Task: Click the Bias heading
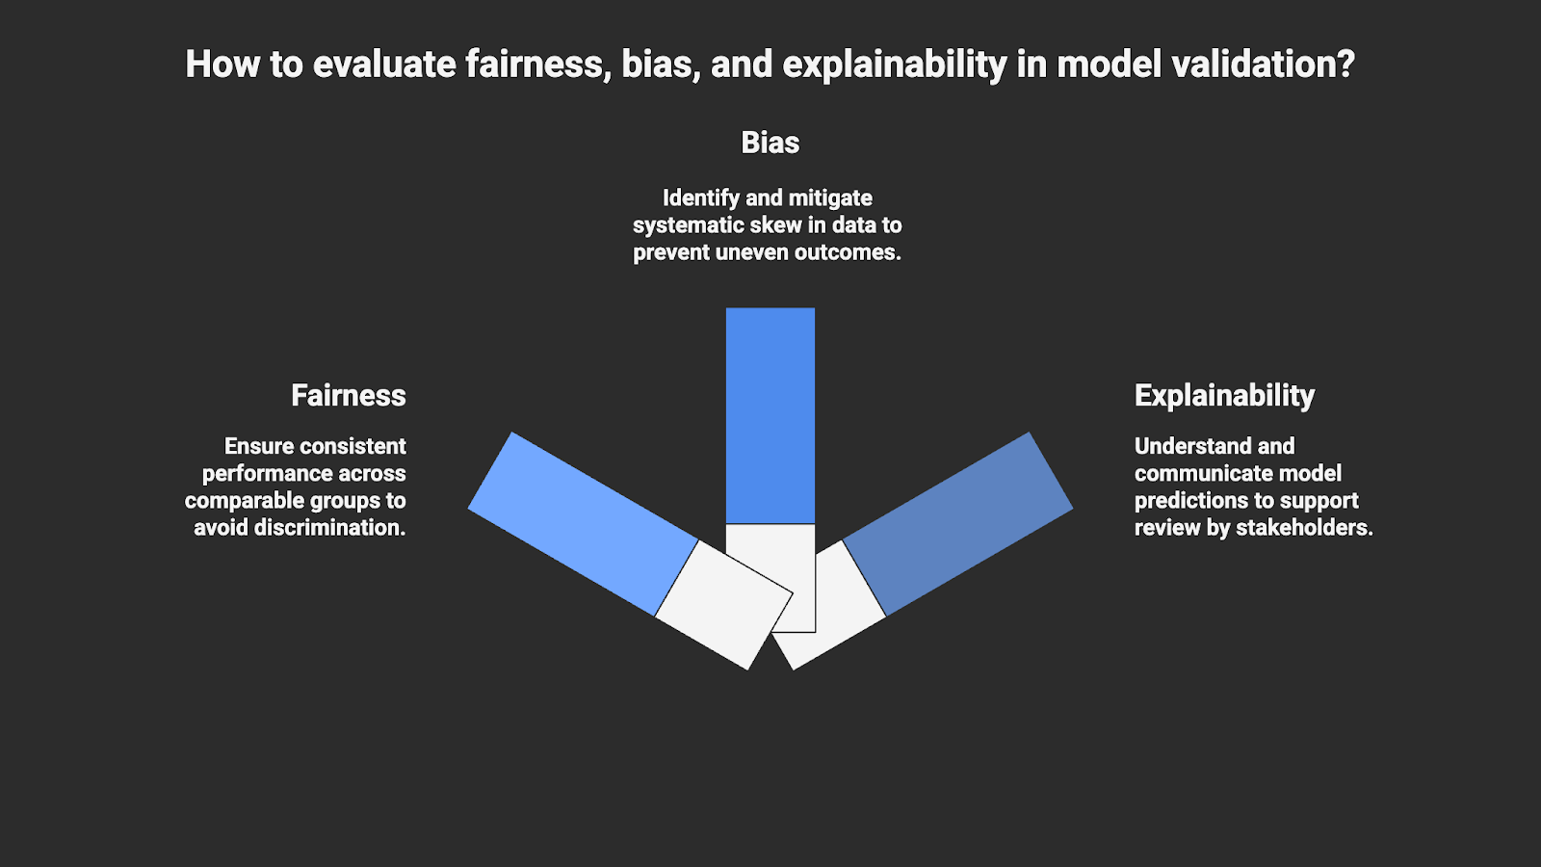tap(770, 143)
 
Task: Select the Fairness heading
tap(348, 395)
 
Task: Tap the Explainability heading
tap(1224, 395)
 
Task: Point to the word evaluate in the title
tap(384, 65)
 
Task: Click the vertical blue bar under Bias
tap(770, 415)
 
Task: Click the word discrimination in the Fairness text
tap(329, 528)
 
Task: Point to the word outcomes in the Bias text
tap(848, 252)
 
